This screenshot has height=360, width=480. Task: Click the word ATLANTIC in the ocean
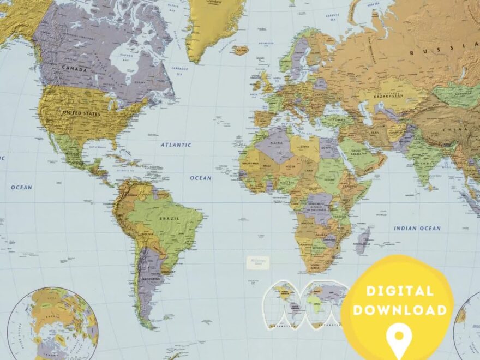176,145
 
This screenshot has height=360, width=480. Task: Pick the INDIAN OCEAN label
417,228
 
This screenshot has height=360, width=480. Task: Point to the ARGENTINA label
151,280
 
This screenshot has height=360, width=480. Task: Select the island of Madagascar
363,240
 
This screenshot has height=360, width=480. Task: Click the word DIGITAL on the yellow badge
400,291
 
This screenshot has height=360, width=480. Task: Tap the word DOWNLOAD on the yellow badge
400,310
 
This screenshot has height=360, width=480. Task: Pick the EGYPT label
327,148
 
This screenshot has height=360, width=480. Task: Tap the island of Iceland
239,51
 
